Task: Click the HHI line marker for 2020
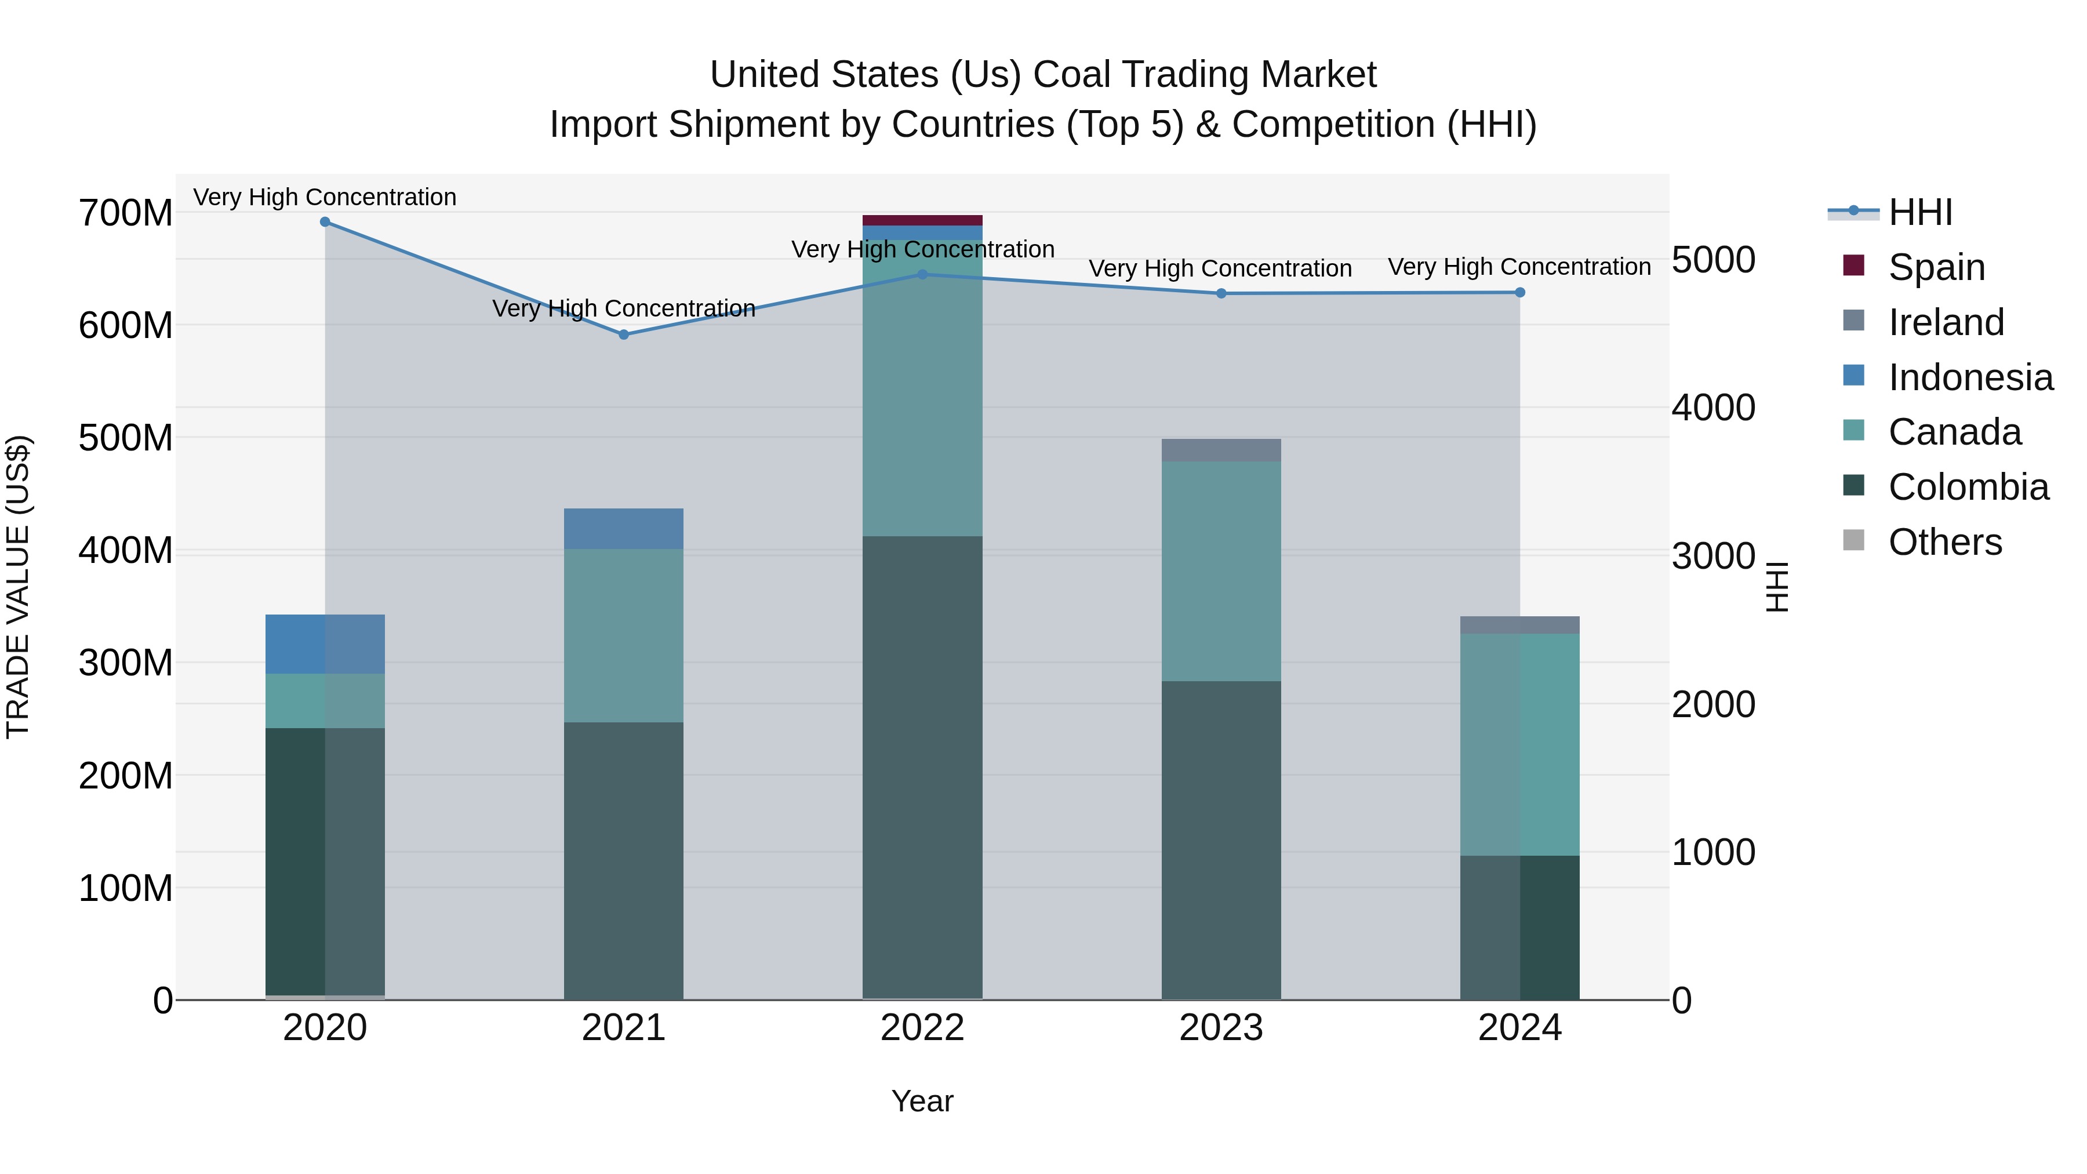(325, 222)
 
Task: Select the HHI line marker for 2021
(624, 335)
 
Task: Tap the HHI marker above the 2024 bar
(1520, 293)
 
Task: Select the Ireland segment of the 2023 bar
(1221, 450)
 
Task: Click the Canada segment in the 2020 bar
(325, 701)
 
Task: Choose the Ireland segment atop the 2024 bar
(1520, 624)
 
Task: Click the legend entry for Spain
(1936, 267)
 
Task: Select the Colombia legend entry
(1968, 487)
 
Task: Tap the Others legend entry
(1944, 542)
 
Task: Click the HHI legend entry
(1920, 212)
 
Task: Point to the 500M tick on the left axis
(126, 438)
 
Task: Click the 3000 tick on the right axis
(1714, 557)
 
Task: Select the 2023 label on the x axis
(1221, 1028)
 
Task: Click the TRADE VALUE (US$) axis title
(18, 587)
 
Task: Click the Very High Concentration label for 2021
(624, 308)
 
